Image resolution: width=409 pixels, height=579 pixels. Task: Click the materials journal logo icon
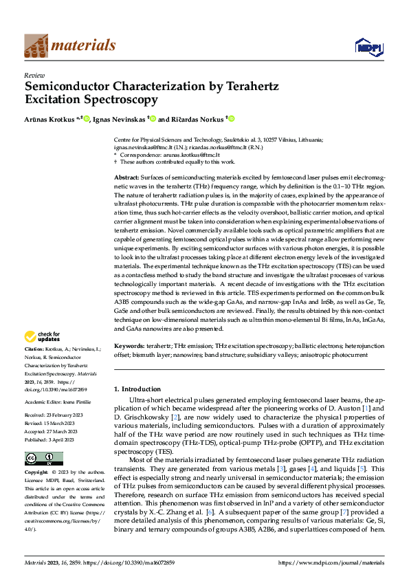36,45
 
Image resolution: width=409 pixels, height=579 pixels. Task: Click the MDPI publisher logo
368,46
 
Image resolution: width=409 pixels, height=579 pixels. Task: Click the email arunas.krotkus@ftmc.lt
186,155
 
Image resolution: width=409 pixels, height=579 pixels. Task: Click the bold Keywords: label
130,345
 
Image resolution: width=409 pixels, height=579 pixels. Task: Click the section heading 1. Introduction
137,389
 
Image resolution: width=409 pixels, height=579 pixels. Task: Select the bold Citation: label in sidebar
36,350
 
